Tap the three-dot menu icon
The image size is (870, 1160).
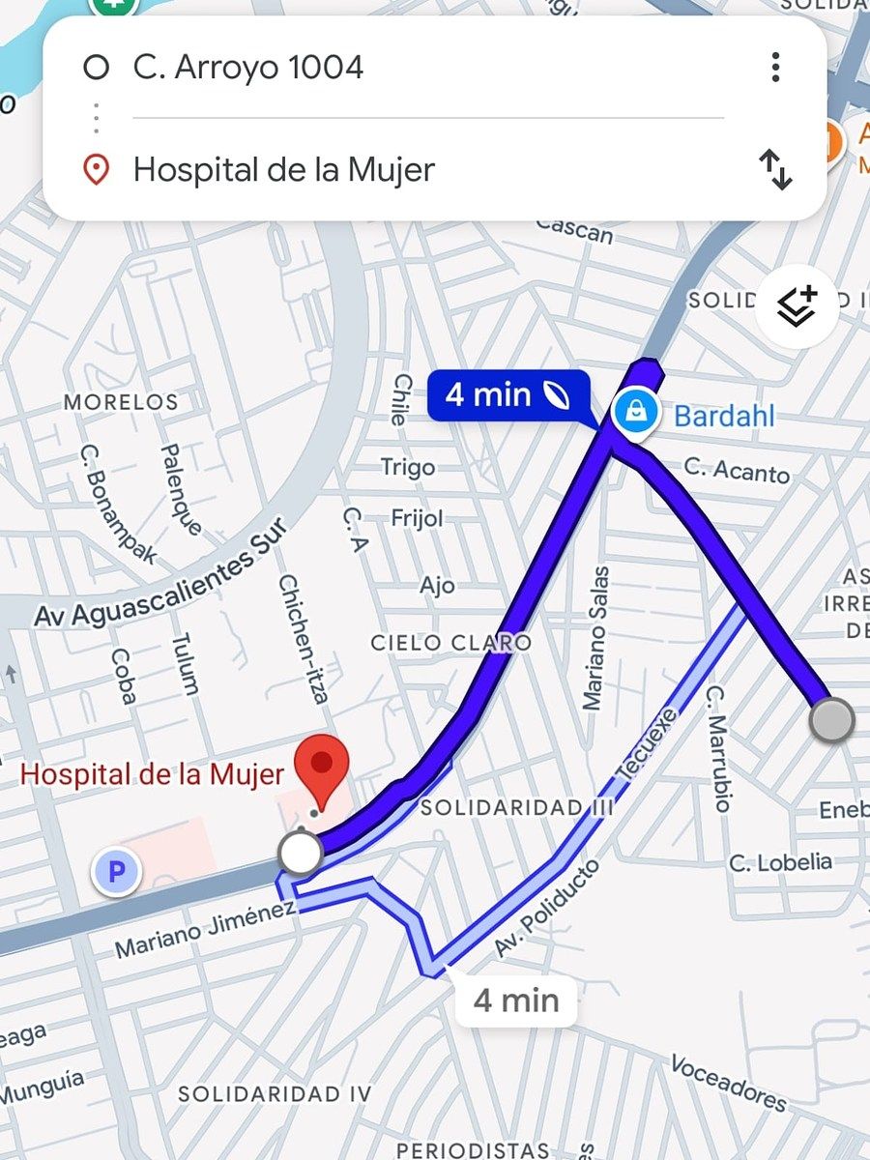click(775, 68)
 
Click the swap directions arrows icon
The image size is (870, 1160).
click(775, 169)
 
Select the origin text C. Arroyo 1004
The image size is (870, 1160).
click(248, 68)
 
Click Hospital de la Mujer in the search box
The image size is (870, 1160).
click(284, 170)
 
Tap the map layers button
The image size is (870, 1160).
click(797, 306)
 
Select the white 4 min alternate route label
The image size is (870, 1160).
click(516, 1000)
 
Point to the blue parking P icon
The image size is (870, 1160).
click(116, 873)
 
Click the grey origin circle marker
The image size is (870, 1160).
click(831, 721)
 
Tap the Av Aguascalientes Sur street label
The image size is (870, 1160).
click(160, 573)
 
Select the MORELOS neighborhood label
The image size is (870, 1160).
click(121, 401)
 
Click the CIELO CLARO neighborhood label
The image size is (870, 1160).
click(451, 643)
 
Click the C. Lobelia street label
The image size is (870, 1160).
click(780, 860)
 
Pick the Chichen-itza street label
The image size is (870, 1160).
click(304, 638)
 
